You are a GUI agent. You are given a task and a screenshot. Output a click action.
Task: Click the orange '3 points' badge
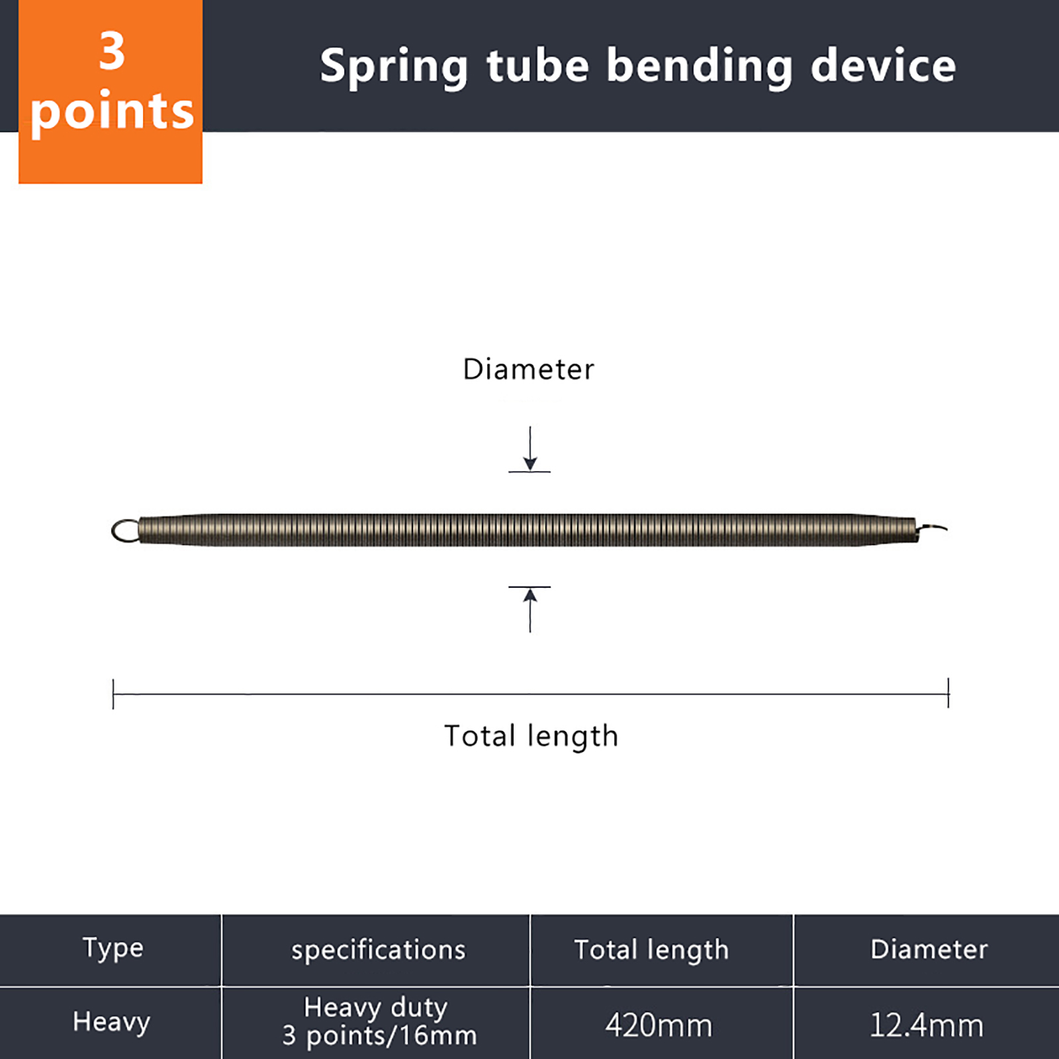point(111,91)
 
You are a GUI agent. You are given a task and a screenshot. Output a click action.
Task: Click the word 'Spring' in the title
point(394,68)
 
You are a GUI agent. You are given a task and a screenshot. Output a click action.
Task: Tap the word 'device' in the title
point(883,65)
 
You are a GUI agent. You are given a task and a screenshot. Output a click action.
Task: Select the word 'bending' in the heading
point(700,68)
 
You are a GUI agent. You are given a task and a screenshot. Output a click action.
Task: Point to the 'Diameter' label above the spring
point(528,369)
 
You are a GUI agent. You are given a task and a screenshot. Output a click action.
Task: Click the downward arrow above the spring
point(529,449)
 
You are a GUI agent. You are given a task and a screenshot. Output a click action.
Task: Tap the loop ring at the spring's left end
point(125,531)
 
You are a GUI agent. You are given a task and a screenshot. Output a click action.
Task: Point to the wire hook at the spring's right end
point(932,528)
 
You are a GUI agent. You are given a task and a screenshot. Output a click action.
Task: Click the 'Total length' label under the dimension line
point(531,737)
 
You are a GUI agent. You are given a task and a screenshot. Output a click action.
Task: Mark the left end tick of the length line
point(113,694)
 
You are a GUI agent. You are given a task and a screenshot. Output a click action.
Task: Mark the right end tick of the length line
point(948,693)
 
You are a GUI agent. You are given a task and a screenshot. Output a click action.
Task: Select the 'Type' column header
point(113,948)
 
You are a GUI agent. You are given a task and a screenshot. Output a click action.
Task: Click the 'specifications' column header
point(379,950)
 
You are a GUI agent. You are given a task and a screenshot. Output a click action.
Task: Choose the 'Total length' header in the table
point(651,950)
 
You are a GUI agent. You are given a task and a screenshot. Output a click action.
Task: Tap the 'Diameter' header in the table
point(929,949)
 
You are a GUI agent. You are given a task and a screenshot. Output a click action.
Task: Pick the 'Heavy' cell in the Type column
point(111,1022)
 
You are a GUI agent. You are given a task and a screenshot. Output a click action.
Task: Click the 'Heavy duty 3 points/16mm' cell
point(379,1021)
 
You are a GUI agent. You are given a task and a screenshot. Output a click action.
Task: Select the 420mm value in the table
point(659,1025)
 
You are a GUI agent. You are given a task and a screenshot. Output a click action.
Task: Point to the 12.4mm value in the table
point(926,1025)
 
